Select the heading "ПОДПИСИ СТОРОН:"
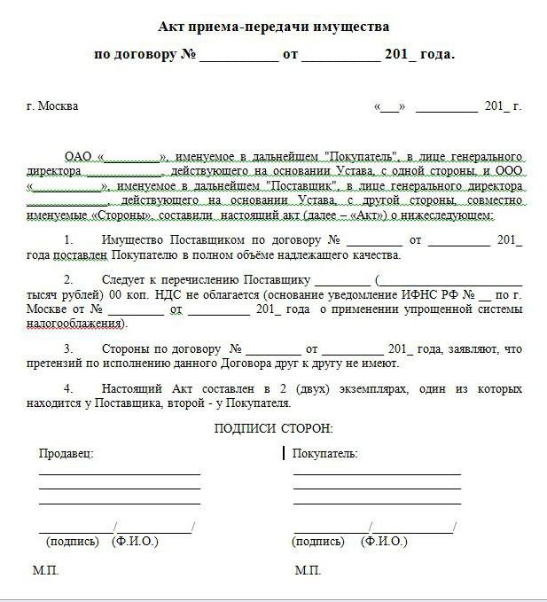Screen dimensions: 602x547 pos(274,428)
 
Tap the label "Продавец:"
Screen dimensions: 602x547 pos(66,453)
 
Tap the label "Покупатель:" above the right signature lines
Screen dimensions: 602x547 pos(325,453)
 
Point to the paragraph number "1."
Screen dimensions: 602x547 pos(70,240)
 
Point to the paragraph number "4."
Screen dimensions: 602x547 pos(70,389)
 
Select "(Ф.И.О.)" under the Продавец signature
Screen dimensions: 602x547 pos(135,541)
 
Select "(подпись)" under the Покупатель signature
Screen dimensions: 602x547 pos(319,541)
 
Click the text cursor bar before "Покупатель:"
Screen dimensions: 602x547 pos(284,453)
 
